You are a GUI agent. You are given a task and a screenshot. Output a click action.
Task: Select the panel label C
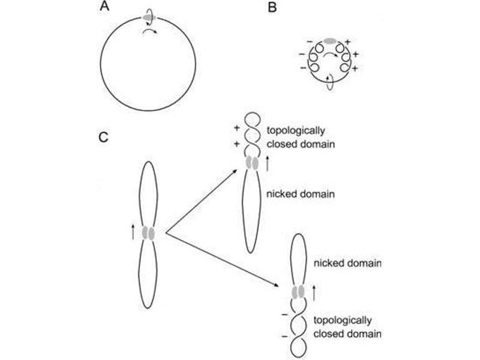point(103,137)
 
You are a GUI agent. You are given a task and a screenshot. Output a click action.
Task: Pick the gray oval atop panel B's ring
point(331,41)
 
